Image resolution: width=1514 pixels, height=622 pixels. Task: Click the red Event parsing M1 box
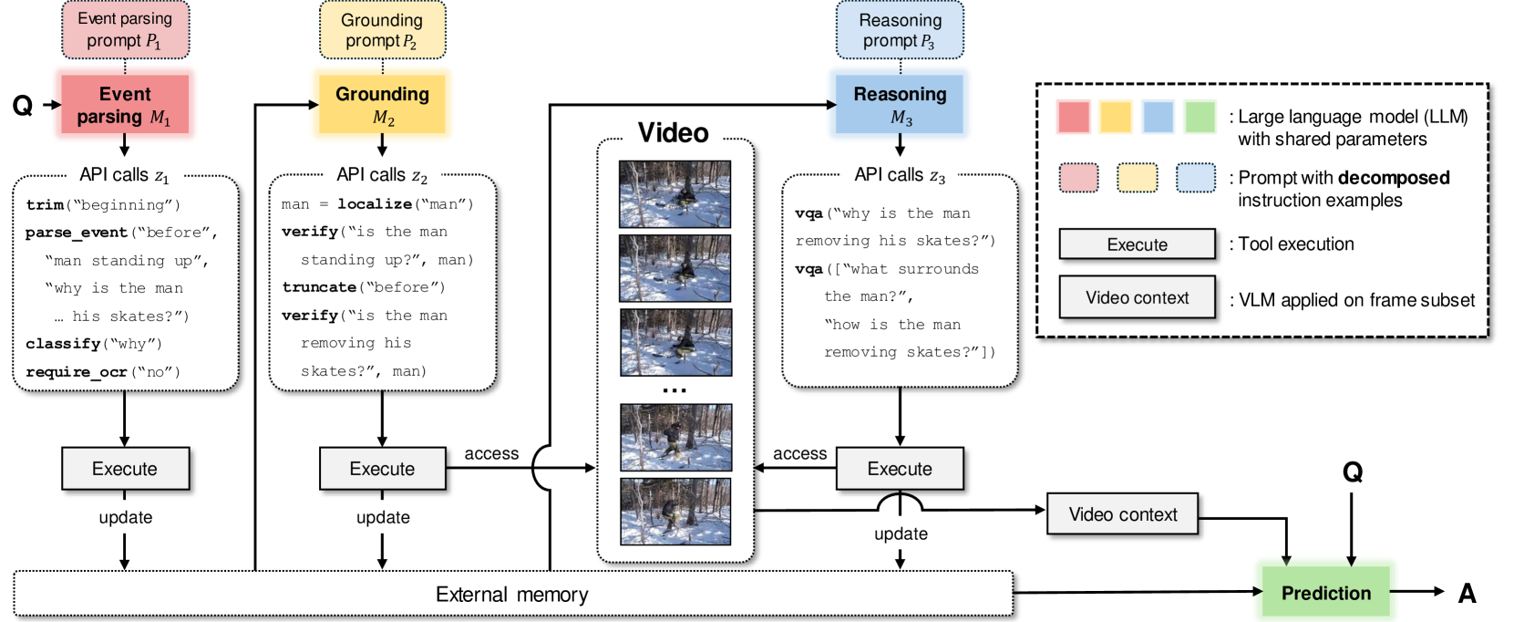[x=125, y=105]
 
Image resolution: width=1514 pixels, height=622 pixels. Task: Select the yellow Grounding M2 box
[x=382, y=105]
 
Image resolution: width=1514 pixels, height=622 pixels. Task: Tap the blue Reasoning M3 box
[x=900, y=105]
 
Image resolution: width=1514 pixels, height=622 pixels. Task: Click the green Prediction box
[x=1325, y=593]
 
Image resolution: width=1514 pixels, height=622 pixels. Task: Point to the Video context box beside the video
[x=1122, y=514]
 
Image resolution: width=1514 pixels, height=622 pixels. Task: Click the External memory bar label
[x=511, y=595]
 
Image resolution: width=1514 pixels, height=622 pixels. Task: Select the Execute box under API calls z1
[x=125, y=469]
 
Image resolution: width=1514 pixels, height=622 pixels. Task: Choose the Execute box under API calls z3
[x=899, y=469]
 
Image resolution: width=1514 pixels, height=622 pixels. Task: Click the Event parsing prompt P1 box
[x=125, y=30]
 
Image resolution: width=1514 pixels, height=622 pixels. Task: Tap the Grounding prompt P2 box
[x=382, y=30]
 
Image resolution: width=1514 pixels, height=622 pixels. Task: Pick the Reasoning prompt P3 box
[x=900, y=30]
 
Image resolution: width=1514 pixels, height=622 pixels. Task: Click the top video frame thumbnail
[x=675, y=194]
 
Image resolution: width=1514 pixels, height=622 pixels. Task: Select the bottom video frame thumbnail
[x=675, y=512]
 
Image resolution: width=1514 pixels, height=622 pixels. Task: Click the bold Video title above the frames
[x=673, y=133]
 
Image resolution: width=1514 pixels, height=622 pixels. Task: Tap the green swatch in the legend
[x=1200, y=117]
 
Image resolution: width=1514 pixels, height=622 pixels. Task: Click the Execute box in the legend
[x=1137, y=244]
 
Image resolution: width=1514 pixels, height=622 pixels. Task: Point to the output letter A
[x=1467, y=593]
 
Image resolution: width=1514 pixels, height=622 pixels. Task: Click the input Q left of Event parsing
[x=23, y=106]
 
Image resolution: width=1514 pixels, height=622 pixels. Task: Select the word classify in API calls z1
[x=63, y=344]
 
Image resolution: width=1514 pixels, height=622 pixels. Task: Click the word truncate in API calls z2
[x=319, y=287]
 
